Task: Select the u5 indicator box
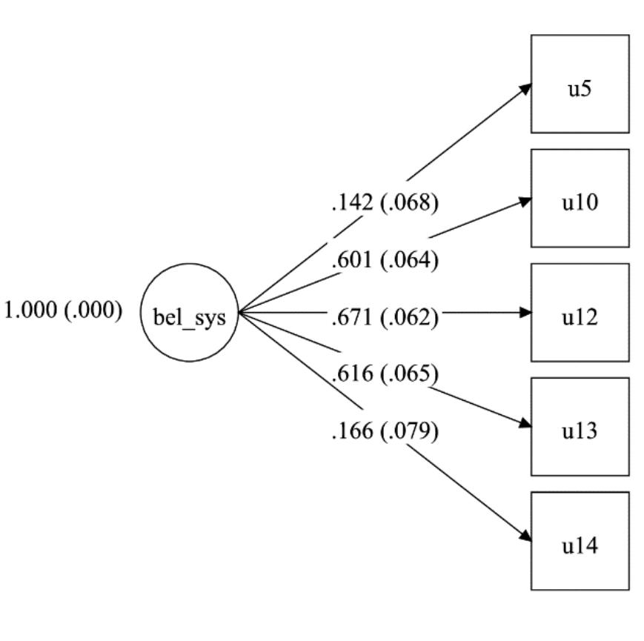580,84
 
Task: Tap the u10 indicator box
580,198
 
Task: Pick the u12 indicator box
580,312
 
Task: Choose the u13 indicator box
580,426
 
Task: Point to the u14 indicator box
580,540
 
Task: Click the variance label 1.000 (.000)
64,310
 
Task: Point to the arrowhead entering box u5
525,87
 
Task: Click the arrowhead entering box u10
526,200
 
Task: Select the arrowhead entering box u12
526,313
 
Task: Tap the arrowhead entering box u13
526,425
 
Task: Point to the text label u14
580,546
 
